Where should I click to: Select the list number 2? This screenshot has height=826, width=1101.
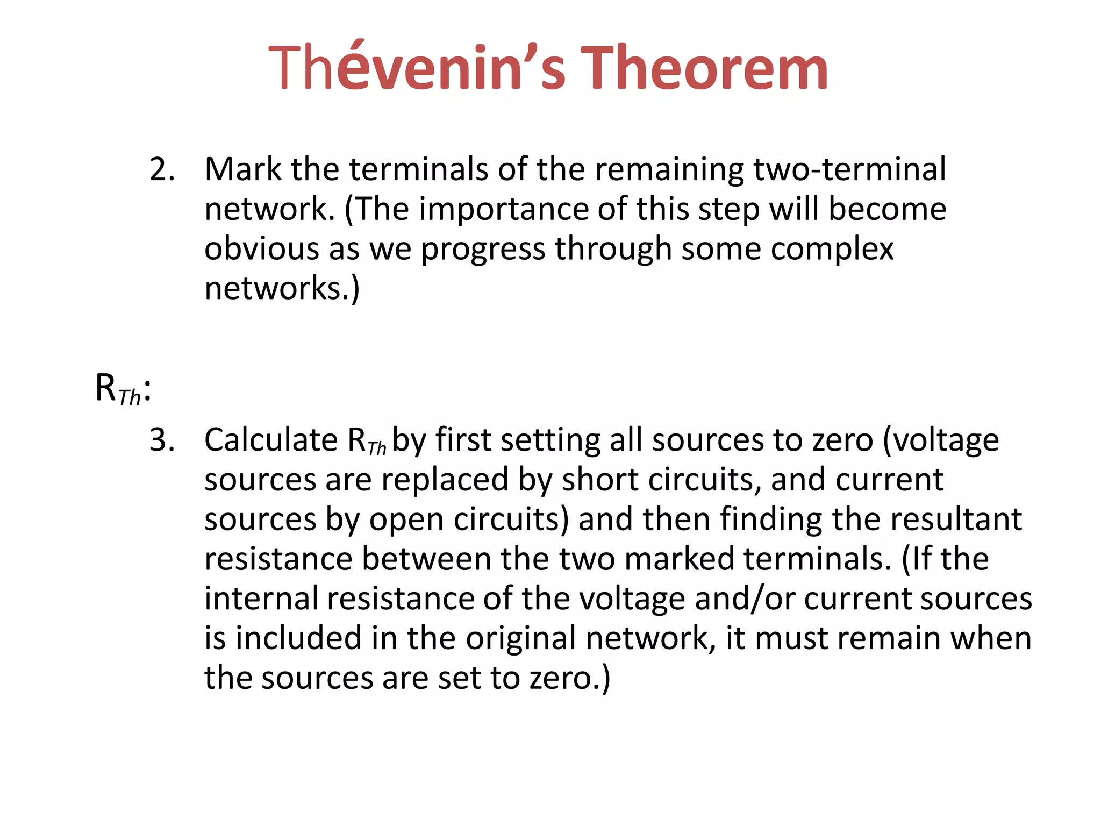coord(162,169)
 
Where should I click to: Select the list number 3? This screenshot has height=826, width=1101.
coord(162,440)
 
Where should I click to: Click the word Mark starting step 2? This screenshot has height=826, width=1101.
coord(242,169)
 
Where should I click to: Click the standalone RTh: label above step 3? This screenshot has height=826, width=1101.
coord(123,389)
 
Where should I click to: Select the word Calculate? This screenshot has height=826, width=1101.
coord(271,440)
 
